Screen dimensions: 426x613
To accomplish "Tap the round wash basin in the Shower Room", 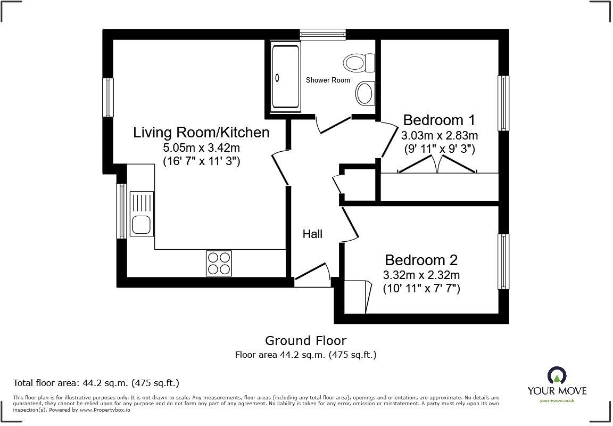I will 365,93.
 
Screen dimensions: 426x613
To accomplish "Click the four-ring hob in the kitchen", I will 219,263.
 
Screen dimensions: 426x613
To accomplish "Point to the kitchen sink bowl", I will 141,225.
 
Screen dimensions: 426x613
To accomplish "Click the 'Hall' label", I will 312,234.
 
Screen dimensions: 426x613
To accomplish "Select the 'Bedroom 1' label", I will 438,119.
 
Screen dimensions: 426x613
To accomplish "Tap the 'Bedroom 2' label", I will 421,260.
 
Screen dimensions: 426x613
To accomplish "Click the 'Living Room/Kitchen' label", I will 201,132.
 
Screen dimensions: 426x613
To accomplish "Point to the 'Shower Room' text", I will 328,80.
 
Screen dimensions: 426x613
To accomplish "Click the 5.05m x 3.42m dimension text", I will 202,148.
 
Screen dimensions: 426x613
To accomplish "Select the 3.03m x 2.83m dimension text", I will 439,135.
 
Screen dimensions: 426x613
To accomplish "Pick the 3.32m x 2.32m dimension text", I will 421,275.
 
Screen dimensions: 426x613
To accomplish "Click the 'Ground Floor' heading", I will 305,340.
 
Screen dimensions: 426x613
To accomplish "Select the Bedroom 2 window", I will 503,261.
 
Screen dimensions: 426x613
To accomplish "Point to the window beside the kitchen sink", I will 122,210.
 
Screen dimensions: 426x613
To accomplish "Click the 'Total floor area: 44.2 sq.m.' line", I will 96,383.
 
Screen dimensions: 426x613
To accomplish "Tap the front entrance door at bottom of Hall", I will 312,273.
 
